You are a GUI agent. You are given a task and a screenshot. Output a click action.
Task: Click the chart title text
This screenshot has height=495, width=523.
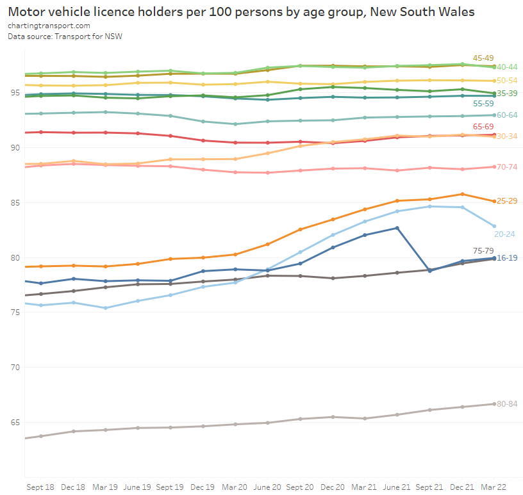[x=241, y=12]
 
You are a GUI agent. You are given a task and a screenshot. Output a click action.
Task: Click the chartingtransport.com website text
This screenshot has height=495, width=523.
[x=49, y=26]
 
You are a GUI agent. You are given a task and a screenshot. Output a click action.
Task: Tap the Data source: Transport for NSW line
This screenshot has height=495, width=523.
[x=65, y=37]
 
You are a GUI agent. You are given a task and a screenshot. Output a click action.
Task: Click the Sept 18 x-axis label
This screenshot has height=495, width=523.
[x=40, y=487]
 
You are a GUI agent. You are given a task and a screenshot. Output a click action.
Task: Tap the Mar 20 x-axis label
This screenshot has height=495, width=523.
[x=235, y=487]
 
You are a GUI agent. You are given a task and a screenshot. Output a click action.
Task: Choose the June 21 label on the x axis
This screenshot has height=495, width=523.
[x=397, y=487]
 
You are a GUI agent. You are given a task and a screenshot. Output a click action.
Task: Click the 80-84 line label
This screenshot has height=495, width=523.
[x=508, y=403]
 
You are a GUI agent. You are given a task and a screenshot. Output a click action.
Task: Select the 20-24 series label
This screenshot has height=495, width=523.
[x=504, y=234]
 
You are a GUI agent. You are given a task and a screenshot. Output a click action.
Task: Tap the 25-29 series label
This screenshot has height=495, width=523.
[x=508, y=201]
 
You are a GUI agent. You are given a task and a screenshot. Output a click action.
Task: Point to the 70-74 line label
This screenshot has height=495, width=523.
[x=508, y=167]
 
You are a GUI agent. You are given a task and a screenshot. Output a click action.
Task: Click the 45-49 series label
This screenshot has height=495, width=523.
[x=483, y=58]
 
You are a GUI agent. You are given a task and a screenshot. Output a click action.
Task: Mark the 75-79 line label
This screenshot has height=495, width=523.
[x=483, y=250]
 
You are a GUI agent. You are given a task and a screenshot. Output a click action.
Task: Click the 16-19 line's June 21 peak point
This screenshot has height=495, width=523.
[x=397, y=228]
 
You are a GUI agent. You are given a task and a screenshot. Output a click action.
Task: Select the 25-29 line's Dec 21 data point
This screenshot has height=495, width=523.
[x=462, y=194]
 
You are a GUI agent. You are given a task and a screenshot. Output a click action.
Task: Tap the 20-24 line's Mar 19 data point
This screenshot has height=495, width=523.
[x=105, y=308]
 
